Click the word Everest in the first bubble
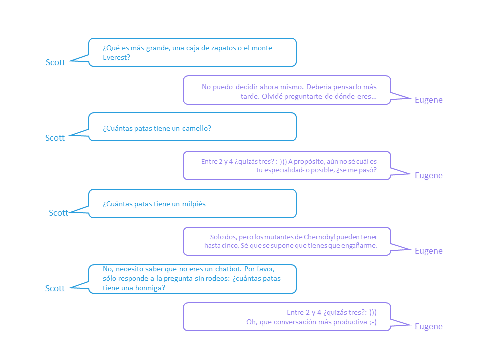pyautogui.click(x=115, y=57)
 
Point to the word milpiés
pyautogui.click(x=194, y=204)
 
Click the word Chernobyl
pyautogui.click(x=320, y=237)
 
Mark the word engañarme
pyautogui.click(x=361, y=246)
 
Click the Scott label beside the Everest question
pyautogui.click(x=55, y=62)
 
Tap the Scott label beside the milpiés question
pyautogui.click(x=59, y=213)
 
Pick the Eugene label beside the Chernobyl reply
pyautogui.click(x=429, y=251)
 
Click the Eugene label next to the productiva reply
pyautogui.click(x=429, y=326)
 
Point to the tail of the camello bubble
pyautogui.click(x=79, y=133)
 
